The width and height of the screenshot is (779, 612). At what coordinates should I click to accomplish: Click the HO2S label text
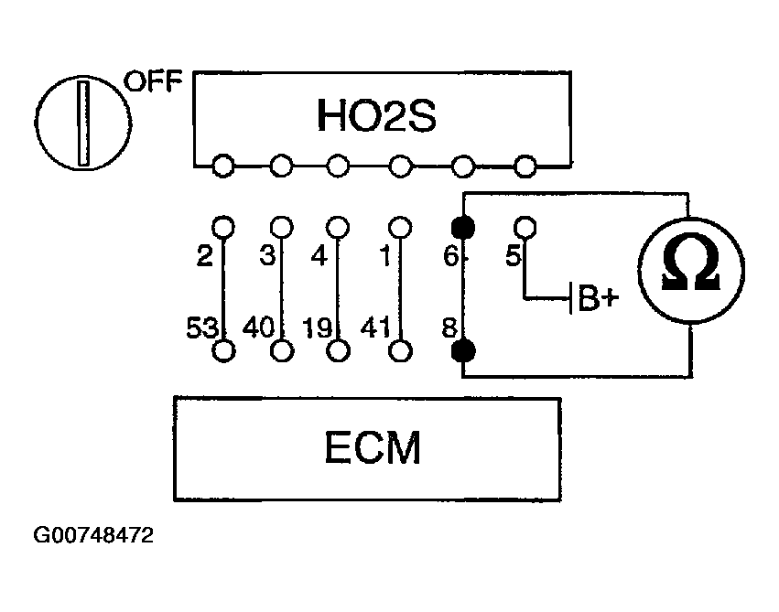tap(376, 115)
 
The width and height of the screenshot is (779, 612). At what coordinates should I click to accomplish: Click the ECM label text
tap(373, 447)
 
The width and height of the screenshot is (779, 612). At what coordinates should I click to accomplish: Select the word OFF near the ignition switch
tap(153, 81)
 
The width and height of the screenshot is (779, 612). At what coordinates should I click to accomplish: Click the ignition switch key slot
tap(84, 123)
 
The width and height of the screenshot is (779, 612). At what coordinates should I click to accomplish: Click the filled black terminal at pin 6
tap(463, 228)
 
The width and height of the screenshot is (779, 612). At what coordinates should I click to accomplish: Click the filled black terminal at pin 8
tap(463, 351)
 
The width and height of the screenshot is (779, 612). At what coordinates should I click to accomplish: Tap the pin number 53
tap(201, 327)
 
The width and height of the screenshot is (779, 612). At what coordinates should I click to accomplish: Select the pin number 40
tap(258, 327)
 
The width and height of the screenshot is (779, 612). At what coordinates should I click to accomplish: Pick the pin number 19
tap(317, 327)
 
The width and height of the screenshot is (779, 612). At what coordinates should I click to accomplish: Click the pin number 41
tap(375, 327)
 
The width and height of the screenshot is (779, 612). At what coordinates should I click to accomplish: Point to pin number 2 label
tap(205, 256)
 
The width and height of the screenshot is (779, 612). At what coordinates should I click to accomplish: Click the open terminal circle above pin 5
tap(525, 228)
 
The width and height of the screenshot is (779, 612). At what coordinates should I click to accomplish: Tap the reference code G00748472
tap(93, 535)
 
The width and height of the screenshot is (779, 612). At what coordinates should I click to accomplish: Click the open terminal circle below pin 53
tap(223, 351)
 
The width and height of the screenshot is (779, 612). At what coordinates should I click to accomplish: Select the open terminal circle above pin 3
tap(282, 228)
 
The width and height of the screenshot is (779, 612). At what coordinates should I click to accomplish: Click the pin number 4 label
tap(319, 256)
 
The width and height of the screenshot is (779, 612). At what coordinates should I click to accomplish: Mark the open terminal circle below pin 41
tap(400, 351)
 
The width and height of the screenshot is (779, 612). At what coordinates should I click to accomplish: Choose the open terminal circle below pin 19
tap(339, 351)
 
